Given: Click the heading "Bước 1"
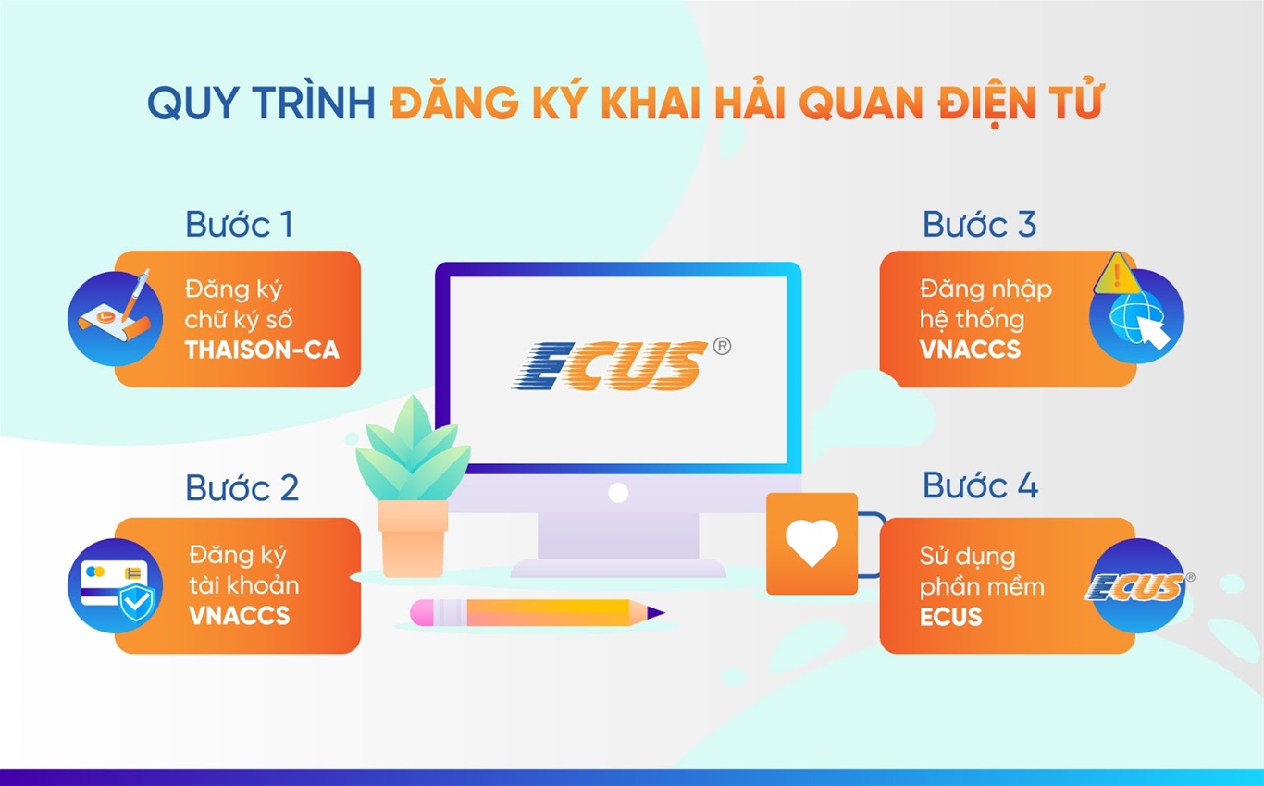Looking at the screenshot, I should click(239, 225).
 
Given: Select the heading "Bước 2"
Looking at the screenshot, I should click(242, 488).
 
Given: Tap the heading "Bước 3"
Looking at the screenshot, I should click(979, 225).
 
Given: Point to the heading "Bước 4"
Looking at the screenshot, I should click(980, 486).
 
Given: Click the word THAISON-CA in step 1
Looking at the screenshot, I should click(262, 350).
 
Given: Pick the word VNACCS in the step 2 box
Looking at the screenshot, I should click(239, 616).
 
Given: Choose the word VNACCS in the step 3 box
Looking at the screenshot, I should click(970, 349).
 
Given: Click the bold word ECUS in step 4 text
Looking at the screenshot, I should click(951, 616).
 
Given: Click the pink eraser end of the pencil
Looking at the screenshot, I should click(425, 611).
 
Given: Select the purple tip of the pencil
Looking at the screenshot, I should click(654, 611).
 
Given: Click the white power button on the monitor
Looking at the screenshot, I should click(618, 492).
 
